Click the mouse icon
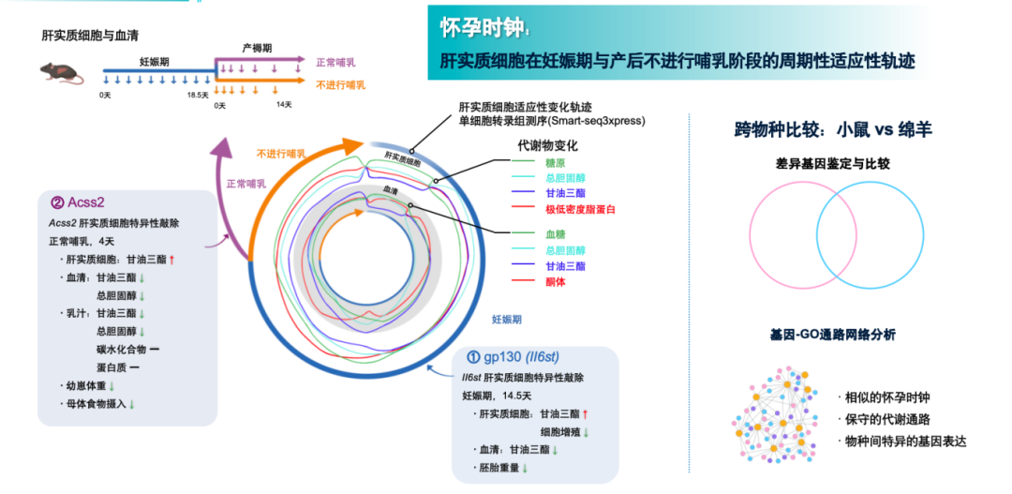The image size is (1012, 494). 60,71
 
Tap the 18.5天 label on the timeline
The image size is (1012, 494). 197,96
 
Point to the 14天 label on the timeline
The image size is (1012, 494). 284,105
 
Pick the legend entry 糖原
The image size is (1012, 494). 556,162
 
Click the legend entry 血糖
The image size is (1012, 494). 556,232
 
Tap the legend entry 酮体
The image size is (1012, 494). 556,281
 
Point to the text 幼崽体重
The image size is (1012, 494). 85,384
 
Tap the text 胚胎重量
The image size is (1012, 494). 500,467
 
